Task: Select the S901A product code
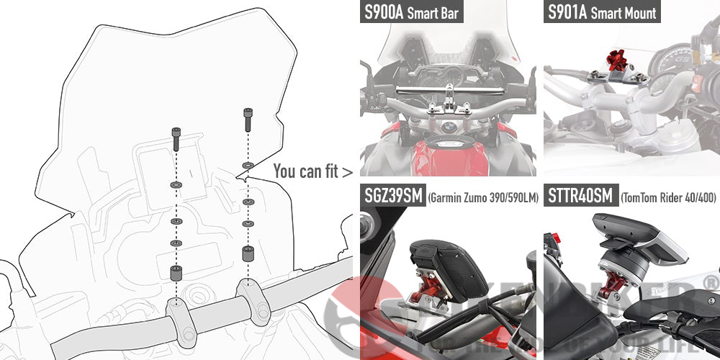click(567, 12)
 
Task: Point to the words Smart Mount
click(623, 13)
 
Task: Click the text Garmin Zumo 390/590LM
click(483, 197)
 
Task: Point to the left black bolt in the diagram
click(176, 138)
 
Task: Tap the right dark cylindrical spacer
click(247, 254)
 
